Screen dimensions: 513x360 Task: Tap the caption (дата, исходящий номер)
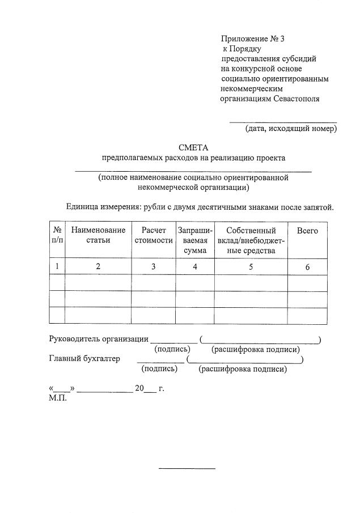[x=291, y=129]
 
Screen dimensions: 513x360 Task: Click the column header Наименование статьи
[x=98, y=235]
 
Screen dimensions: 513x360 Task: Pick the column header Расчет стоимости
[x=154, y=235]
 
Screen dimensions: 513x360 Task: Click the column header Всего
[x=307, y=231]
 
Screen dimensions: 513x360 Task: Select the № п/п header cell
[x=57, y=235]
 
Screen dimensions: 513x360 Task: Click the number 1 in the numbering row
[x=57, y=267]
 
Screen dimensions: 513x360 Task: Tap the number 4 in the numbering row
[x=195, y=267]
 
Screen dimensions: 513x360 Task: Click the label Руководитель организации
[x=99, y=339]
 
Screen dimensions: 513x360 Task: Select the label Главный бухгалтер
[x=85, y=358]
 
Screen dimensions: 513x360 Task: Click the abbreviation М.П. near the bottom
[x=58, y=398]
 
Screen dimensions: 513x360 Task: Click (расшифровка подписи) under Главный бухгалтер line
[x=243, y=369]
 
